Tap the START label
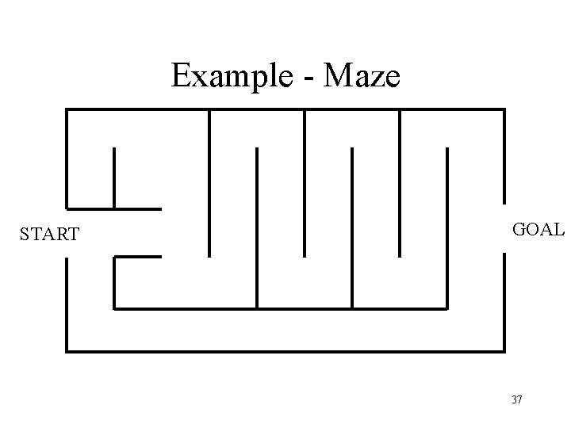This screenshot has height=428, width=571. tap(49, 235)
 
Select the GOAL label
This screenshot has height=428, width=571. tap(538, 231)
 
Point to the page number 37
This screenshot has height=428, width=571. tap(517, 399)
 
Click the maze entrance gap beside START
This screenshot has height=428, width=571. tap(67, 233)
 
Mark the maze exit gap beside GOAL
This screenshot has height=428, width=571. tap(504, 229)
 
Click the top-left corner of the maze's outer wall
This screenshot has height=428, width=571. tap(67, 109)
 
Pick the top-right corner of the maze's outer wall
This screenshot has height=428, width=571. tap(504, 109)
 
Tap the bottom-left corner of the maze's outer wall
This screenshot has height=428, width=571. tap(67, 350)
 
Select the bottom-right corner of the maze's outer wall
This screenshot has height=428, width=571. tap(504, 350)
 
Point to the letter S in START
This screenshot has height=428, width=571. tap(25, 235)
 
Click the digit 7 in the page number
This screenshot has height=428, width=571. tap(519, 399)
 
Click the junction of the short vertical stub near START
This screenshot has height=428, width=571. tap(114, 208)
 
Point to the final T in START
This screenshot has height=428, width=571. tap(74, 235)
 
